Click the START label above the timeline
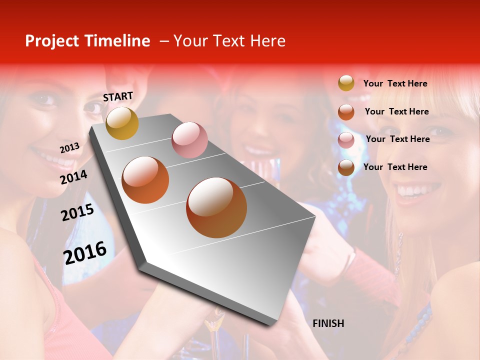click(118, 96)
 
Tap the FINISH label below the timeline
click(328, 323)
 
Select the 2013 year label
click(70, 147)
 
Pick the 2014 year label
click(74, 177)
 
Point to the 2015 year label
click(77, 212)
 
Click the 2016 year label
click(85, 252)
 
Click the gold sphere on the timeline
click(122, 123)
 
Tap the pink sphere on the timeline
click(189, 140)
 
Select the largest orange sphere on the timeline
click(216, 207)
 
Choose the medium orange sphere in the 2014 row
click(145, 180)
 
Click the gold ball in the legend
click(346, 83)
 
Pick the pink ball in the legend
click(346, 140)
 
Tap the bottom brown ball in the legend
click(346, 167)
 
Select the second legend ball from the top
click(346, 111)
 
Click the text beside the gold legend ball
click(395, 83)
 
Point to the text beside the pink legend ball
click(398, 139)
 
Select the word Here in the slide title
click(267, 41)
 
